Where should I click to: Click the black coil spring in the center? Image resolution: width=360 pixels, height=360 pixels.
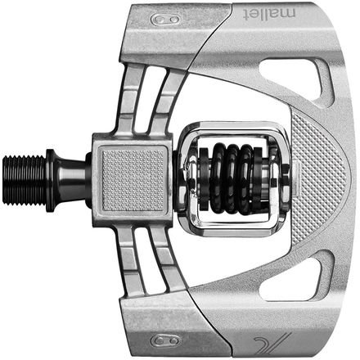tap(232, 178)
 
